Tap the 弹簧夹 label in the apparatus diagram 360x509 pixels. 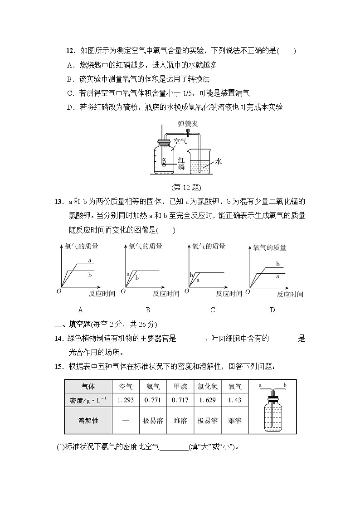[x=187, y=124]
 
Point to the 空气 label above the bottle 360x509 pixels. [x=180, y=141]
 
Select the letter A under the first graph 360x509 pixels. [x=80, y=310]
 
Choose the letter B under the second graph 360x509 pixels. [x=148, y=310]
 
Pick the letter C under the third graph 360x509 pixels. [x=213, y=310]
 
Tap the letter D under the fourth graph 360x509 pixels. [x=272, y=310]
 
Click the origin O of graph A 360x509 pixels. [x=58, y=291]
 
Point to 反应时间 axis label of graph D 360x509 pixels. [x=290, y=295]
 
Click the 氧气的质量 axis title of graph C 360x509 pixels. [x=209, y=247]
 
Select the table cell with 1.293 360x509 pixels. [x=126, y=400]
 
